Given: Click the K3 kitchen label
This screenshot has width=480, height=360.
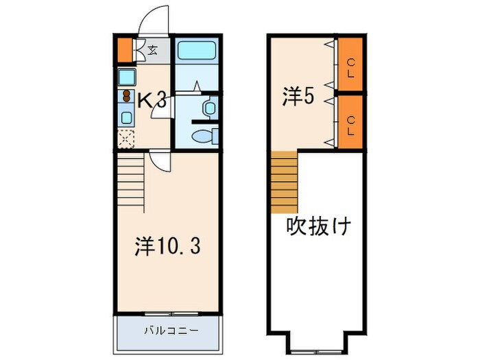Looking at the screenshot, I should (x=152, y=101).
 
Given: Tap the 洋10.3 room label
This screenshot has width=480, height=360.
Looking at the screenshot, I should (x=167, y=246).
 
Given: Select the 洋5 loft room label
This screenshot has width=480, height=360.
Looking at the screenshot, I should (x=298, y=97).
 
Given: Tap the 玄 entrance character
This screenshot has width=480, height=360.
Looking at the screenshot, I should (x=152, y=49).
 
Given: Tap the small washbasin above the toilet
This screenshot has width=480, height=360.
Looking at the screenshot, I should (x=210, y=108).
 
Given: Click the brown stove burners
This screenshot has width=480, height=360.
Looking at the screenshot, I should (x=126, y=95).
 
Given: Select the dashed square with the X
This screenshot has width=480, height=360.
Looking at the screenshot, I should (x=126, y=139).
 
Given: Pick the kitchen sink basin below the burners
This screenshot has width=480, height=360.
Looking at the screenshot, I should (x=127, y=117).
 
